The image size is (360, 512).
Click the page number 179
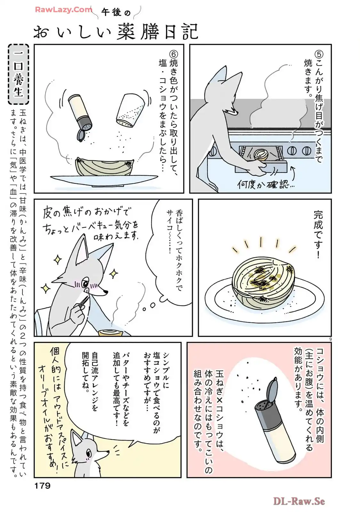[42, 485]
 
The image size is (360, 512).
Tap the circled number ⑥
[173, 55]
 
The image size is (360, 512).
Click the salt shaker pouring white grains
[130, 110]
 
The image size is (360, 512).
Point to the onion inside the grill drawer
[261, 155]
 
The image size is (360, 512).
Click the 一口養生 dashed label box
[18, 74]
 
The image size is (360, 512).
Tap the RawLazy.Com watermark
[63, 10]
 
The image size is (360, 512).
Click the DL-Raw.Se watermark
[299, 502]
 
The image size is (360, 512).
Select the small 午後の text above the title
[116, 12]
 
